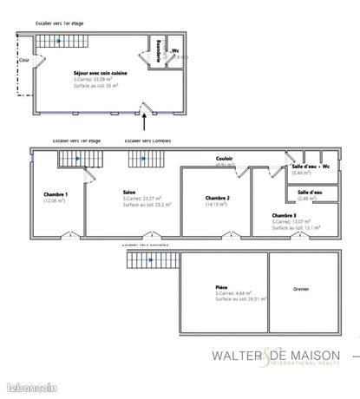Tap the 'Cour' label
point(23,61)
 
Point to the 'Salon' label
point(129,193)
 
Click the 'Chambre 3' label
point(284,215)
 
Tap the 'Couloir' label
point(224,158)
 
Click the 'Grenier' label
point(300,289)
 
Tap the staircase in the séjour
point(56,41)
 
